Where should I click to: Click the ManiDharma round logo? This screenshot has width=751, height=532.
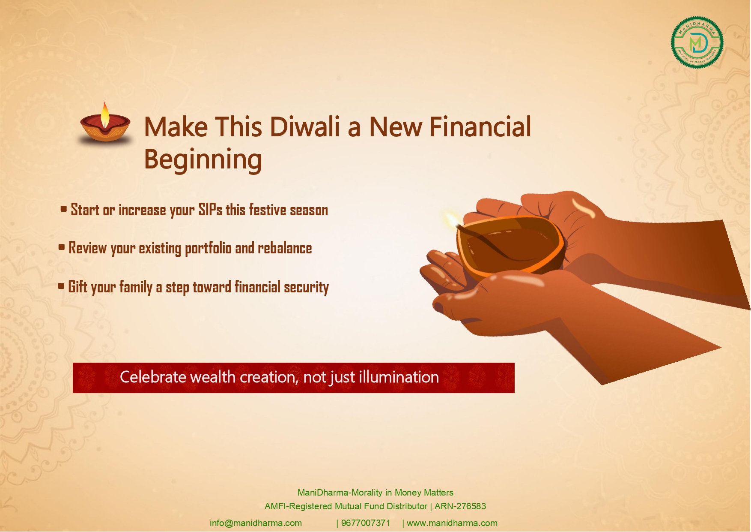pos(697,42)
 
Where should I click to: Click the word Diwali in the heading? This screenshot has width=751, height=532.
pos(304,127)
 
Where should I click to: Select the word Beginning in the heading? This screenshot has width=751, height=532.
pos(203,159)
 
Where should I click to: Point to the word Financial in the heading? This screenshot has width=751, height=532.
pos(480,127)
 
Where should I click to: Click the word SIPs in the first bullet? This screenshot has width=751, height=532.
pos(210,210)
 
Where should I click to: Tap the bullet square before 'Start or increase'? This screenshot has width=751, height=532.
pos(64,209)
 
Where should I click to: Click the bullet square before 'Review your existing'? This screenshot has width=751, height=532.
pos(62,247)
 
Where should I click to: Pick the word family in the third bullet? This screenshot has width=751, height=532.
pos(136,287)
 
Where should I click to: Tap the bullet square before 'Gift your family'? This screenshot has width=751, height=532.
pos(61,286)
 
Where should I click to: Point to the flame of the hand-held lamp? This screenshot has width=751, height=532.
pos(452,219)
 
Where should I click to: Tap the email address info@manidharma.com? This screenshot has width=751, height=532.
pos(256,523)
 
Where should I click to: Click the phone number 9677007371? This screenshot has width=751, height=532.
pos(366,523)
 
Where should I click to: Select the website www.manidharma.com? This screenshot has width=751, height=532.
pos(452,523)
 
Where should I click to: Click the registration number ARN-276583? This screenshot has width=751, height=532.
pos(460,506)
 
